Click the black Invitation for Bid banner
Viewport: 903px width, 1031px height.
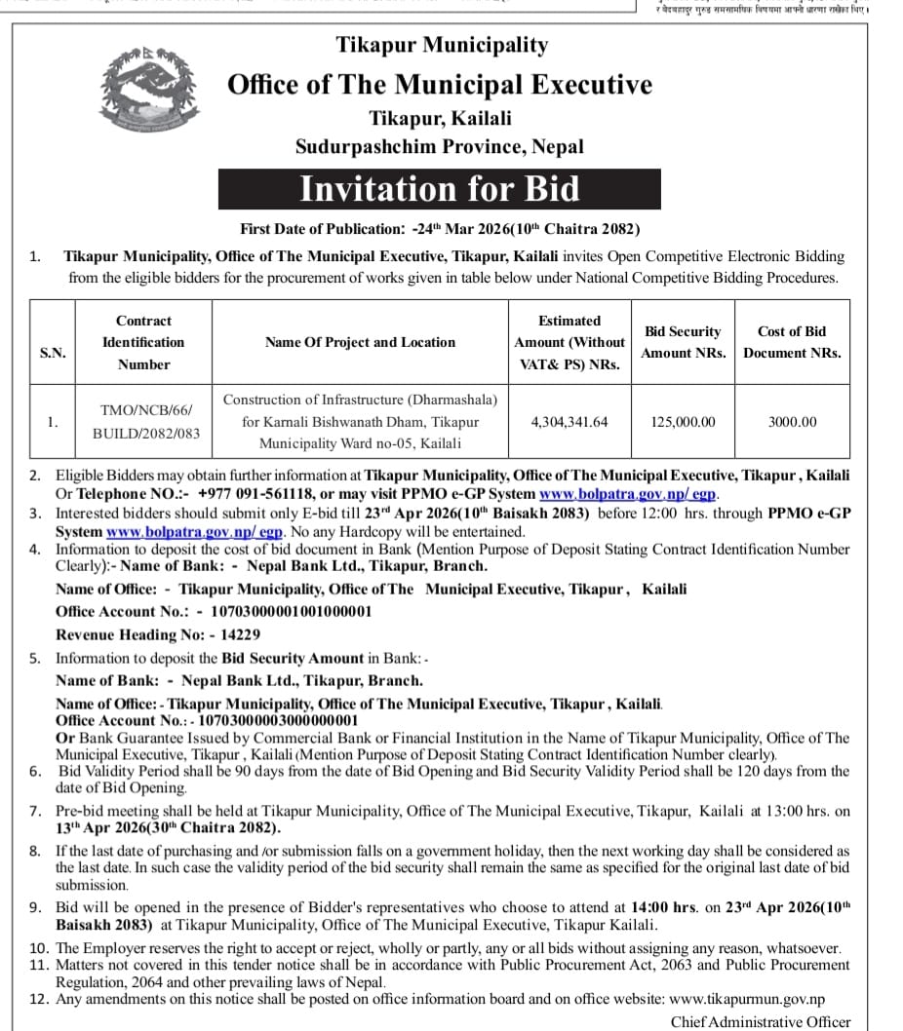click(439, 188)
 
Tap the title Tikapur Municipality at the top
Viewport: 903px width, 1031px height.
click(442, 45)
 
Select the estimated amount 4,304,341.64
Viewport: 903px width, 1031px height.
click(569, 422)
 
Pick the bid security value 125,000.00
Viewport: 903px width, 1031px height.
click(683, 422)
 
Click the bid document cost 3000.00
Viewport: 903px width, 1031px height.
click(792, 422)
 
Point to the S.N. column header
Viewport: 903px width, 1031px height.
click(53, 353)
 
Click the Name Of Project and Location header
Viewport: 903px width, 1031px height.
click(360, 342)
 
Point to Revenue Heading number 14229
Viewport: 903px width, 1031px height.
click(241, 634)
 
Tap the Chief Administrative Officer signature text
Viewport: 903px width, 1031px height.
click(761, 1022)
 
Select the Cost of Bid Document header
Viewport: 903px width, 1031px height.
click(792, 342)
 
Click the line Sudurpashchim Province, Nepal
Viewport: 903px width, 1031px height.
click(440, 147)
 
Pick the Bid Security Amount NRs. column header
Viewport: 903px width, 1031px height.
click(683, 342)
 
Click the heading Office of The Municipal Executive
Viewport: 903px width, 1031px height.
click(440, 84)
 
